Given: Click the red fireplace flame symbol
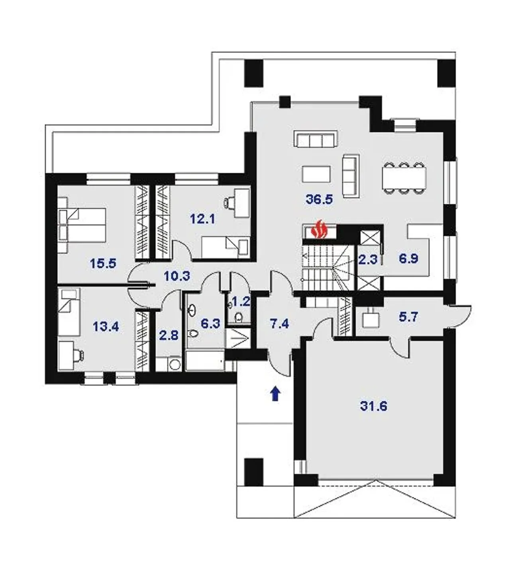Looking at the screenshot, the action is pyautogui.click(x=319, y=230).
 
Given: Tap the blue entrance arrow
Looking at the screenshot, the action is pyautogui.click(x=276, y=394).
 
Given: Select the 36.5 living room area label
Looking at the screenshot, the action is pyautogui.click(x=319, y=199).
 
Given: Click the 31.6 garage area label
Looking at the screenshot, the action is pyautogui.click(x=374, y=406).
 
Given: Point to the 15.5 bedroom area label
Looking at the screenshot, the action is pyautogui.click(x=103, y=264).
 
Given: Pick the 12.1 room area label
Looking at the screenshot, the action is pyautogui.click(x=202, y=219).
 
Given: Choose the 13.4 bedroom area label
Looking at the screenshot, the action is pyautogui.click(x=106, y=327).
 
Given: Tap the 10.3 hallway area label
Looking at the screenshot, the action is pyautogui.click(x=177, y=276).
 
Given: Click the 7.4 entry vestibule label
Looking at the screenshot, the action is pyautogui.click(x=280, y=324).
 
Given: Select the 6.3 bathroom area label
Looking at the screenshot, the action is pyautogui.click(x=211, y=324).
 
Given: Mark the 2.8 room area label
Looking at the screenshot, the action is pyautogui.click(x=169, y=335).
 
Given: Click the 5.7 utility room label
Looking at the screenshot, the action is pyautogui.click(x=408, y=317).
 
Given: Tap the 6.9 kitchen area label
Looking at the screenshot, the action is pyautogui.click(x=408, y=258).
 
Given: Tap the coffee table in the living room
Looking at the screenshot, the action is pyautogui.click(x=316, y=174).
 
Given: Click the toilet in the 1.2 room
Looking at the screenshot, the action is pyautogui.click(x=239, y=317).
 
